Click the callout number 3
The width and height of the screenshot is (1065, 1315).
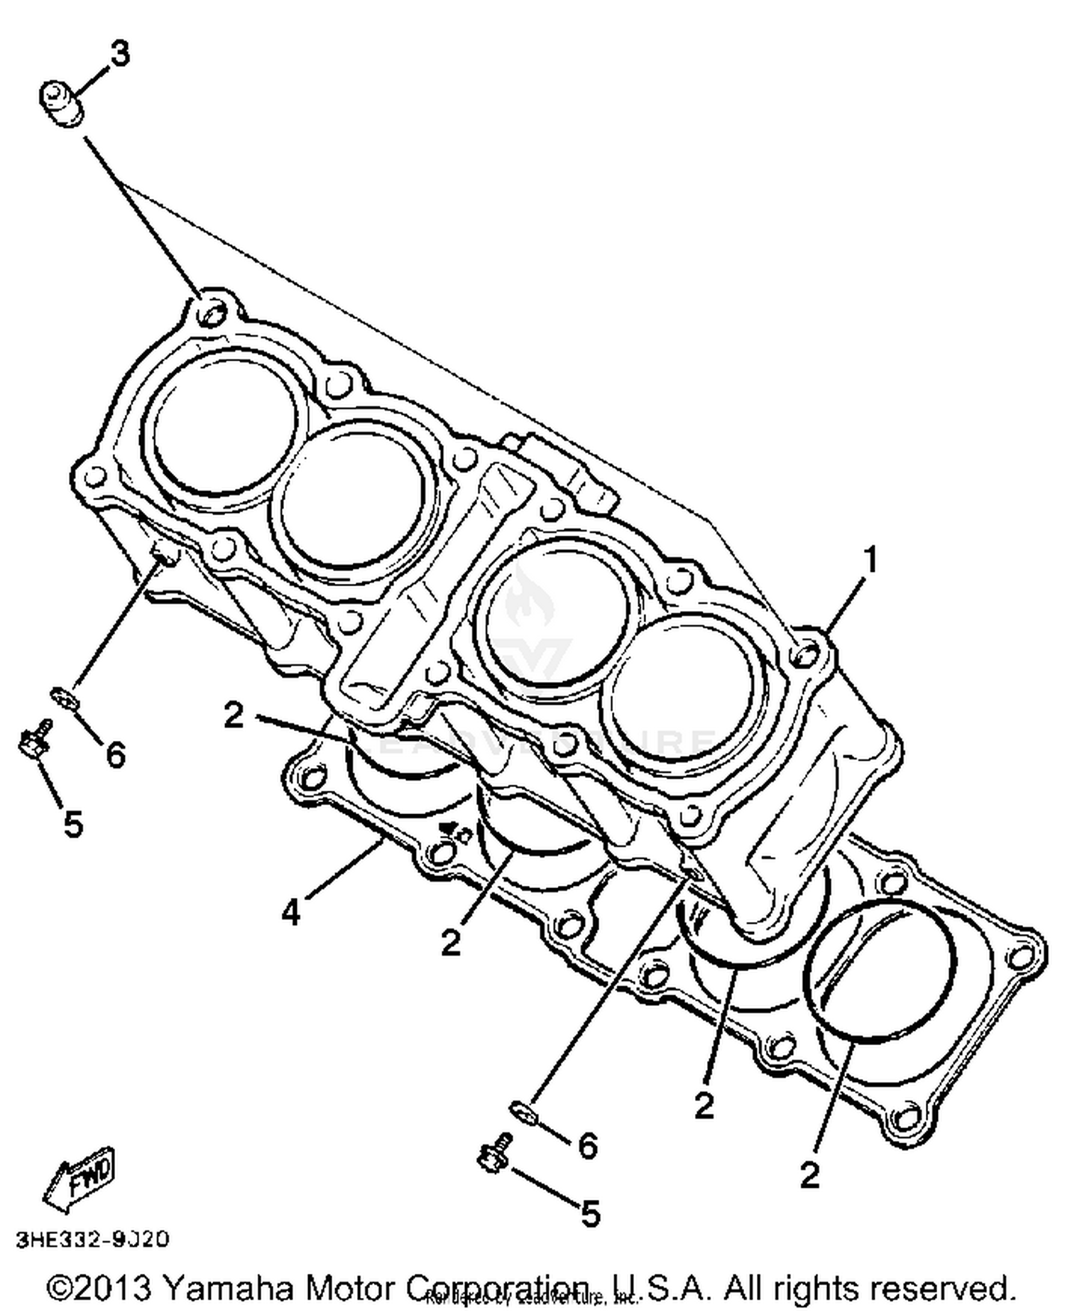[120, 54]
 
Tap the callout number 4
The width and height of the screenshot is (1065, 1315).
[291, 912]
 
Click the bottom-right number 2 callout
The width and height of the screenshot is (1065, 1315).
[809, 1175]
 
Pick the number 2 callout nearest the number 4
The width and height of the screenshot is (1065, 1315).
[451, 943]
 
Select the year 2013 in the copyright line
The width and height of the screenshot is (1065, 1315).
[111, 1287]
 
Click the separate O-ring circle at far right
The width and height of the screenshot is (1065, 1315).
[879, 971]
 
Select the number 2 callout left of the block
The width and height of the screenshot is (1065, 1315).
[234, 715]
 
